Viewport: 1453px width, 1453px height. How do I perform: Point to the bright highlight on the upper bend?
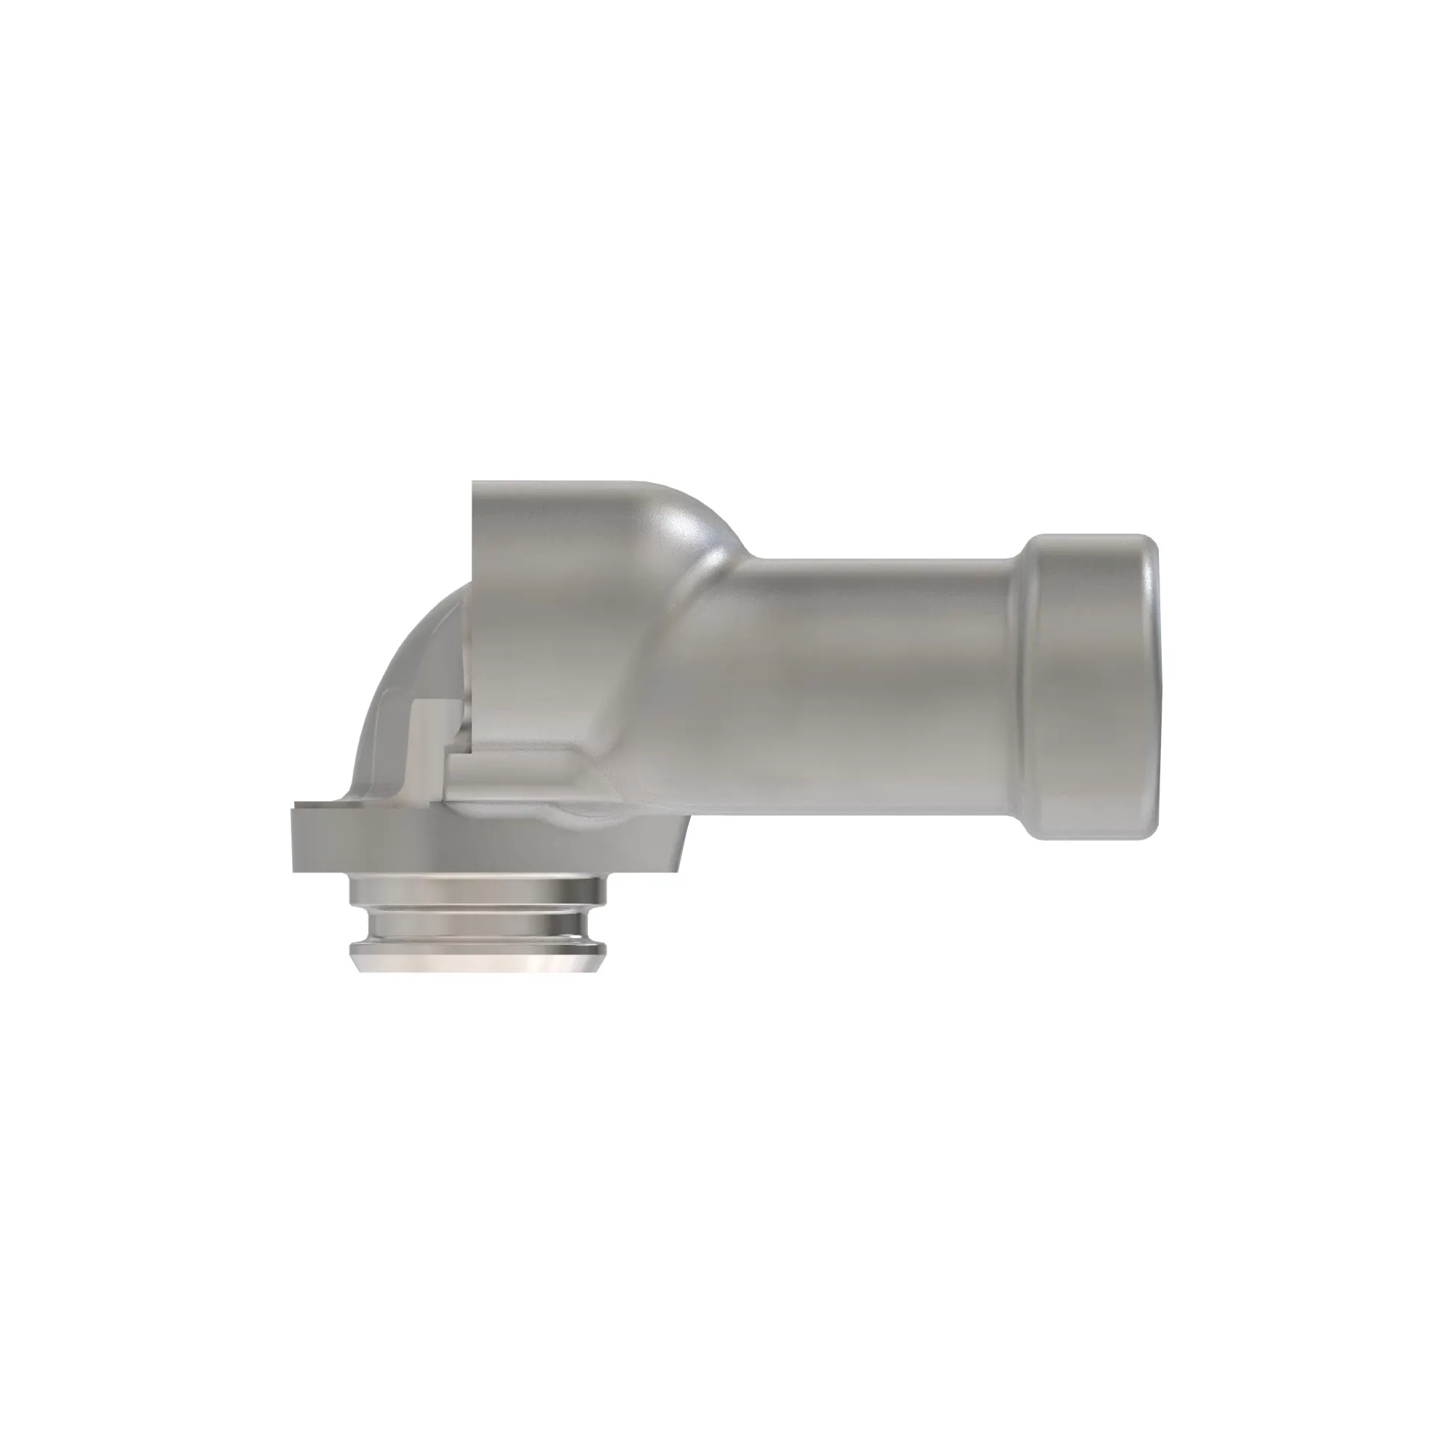tap(681, 519)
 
